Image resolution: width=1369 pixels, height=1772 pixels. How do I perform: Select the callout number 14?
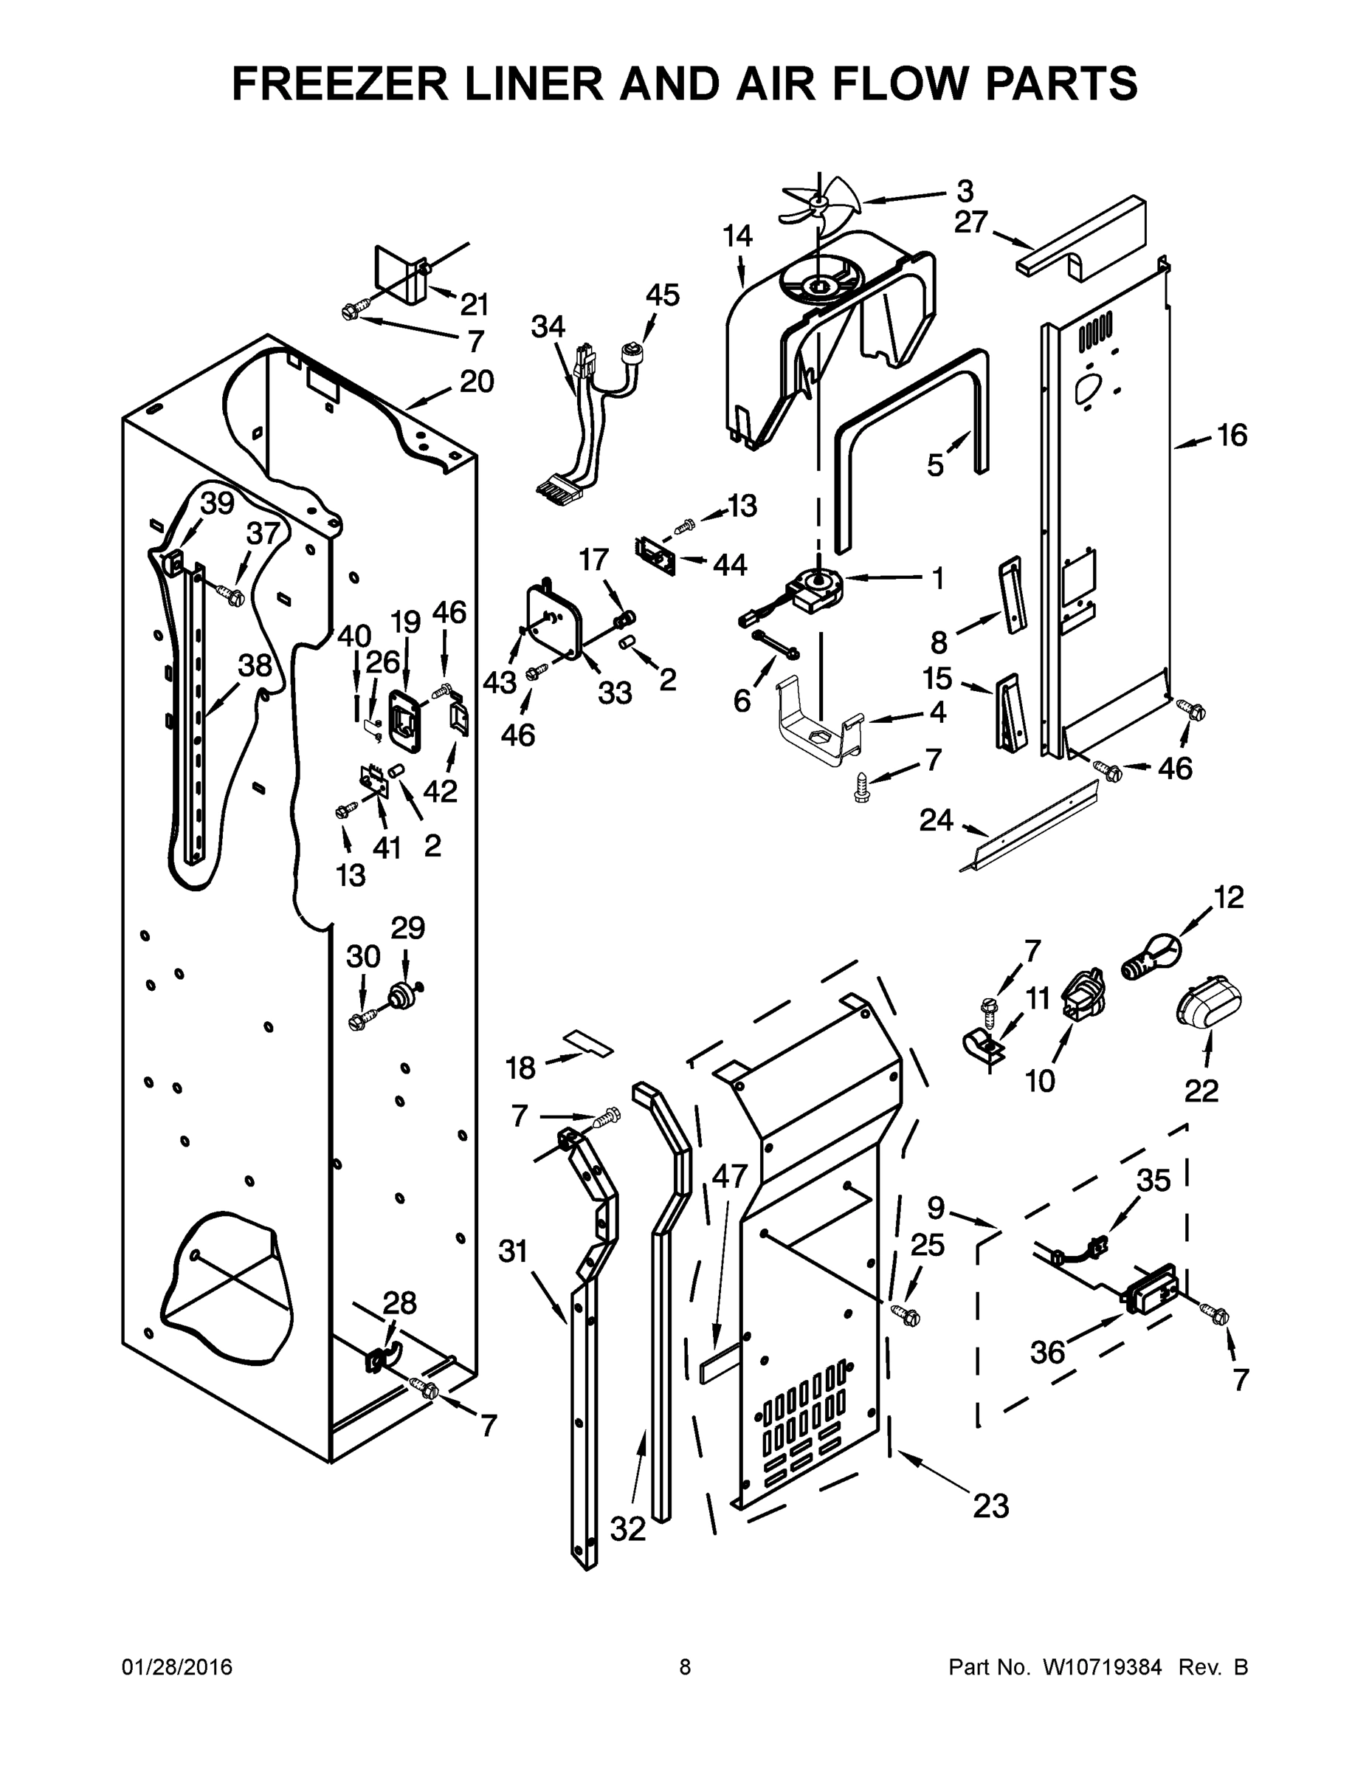click(x=737, y=236)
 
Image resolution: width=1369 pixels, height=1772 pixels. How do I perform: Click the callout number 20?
click(x=476, y=381)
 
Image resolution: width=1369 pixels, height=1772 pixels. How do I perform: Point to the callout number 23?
click(x=990, y=1505)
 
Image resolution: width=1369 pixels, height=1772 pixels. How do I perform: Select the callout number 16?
click(x=1231, y=436)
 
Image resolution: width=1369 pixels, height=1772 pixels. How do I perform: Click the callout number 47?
click(x=728, y=1175)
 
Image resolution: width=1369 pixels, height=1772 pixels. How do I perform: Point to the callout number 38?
click(x=255, y=665)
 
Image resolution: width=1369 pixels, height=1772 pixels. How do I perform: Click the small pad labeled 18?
click(x=589, y=1043)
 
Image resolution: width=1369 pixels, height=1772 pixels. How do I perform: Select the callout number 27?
click(x=970, y=221)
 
